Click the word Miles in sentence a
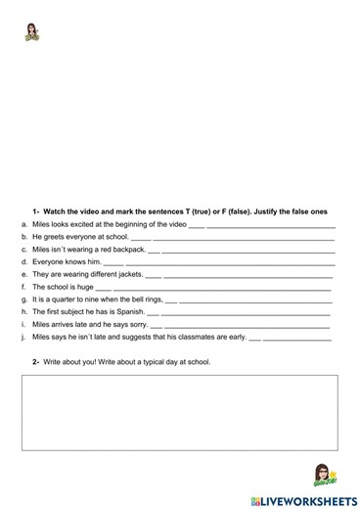43,224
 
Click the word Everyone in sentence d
48,262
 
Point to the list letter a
22,224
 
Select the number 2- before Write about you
35,362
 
